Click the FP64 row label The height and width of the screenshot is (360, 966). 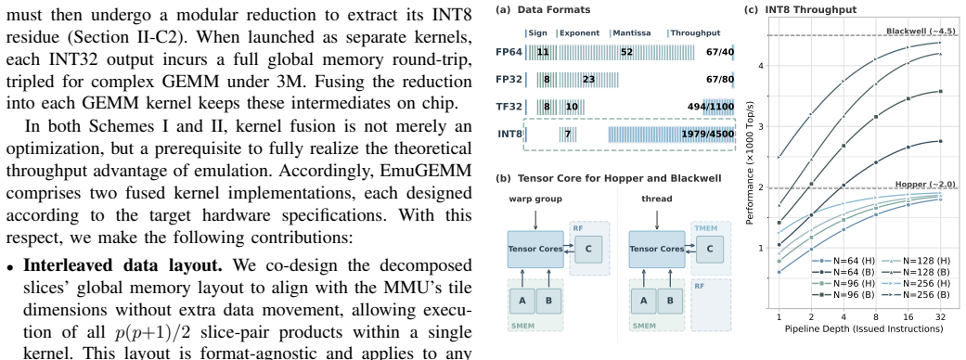(x=509, y=52)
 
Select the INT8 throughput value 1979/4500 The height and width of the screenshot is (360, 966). (x=707, y=135)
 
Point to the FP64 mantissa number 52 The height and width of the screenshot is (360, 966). (x=626, y=52)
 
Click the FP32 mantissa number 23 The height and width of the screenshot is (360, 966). (x=588, y=79)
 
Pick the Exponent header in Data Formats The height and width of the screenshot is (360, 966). (x=579, y=32)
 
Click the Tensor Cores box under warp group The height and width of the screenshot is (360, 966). (x=535, y=249)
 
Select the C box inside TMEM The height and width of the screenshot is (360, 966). (x=710, y=249)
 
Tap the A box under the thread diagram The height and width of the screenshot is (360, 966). (x=644, y=301)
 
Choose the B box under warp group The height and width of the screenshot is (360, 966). (x=547, y=301)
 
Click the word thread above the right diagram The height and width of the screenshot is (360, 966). (x=657, y=199)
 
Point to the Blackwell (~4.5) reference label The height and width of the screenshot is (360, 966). (x=921, y=31)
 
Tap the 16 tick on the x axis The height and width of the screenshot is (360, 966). (x=908, y=316)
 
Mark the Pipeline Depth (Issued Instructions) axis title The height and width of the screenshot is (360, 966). (x=864, y=328)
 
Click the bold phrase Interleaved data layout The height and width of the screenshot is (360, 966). (x=119, y=265)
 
